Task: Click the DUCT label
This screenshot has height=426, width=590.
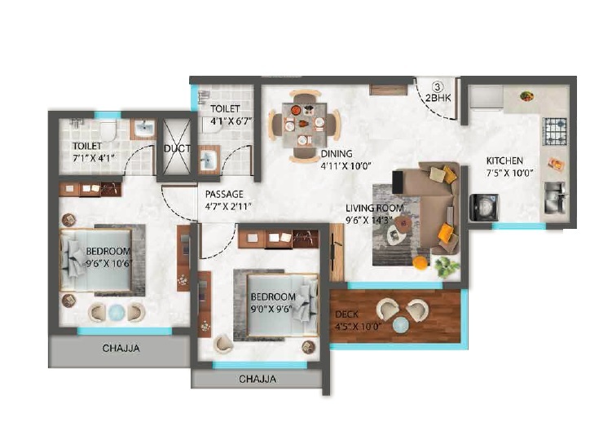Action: (x=177, y=149)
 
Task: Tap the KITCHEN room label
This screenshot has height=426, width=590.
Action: (x=504, y=160)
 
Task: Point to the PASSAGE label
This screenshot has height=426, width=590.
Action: (x=225, y=195)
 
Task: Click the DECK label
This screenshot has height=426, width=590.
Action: (x=346, y=314)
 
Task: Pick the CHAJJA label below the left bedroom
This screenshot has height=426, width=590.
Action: (x=121, y=349)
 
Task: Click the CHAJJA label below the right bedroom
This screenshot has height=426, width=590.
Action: (x=258, y=379)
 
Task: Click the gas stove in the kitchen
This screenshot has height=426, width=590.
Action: (x=556, y=129)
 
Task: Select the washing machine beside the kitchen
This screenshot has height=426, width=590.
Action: (x=484, y=206)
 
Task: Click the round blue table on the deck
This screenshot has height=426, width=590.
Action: (x=400, y=324)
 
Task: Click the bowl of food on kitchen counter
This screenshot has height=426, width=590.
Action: (x=527, y=95)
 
